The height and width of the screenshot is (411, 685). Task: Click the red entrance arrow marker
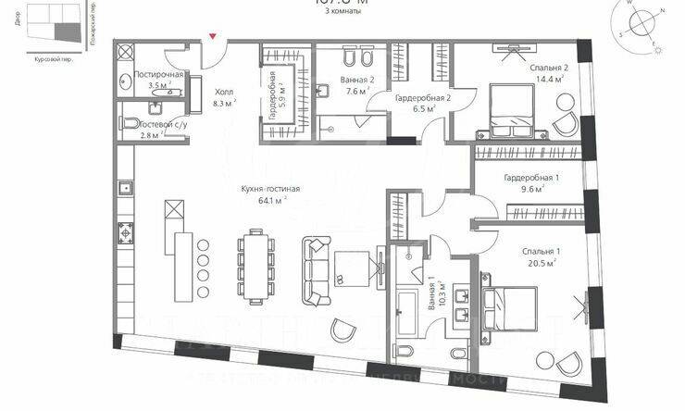point(215,36)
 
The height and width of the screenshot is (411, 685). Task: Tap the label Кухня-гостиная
point(271,189)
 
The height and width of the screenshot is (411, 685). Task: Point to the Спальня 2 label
point(549,68)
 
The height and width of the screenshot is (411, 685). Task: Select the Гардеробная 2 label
point(422,97)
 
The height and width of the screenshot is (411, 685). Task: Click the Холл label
point(225,93)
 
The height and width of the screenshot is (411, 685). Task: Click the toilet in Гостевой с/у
point(132,123)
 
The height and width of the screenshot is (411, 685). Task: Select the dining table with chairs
point(256,264)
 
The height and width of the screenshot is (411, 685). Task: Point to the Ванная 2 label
point(357,80)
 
